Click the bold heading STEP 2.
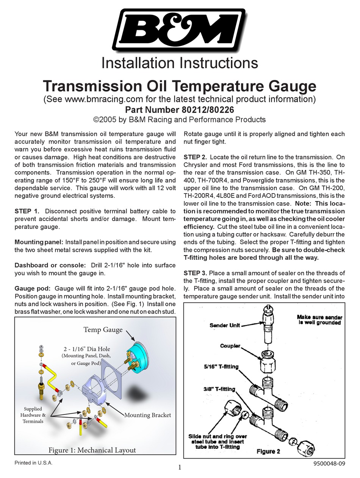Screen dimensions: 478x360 tap(195, 157)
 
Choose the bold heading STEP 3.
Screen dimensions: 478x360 tap(195, 273)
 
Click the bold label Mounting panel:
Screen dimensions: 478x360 tap(39, 242)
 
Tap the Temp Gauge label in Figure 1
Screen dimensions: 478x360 tap(103, 330)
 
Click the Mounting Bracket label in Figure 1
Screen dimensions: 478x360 tap(148, 415)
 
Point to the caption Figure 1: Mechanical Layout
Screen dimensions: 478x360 tap(92, 450)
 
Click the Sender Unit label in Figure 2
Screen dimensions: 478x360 tap(225, 325)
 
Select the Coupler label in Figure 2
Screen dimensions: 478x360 tap(230, 346)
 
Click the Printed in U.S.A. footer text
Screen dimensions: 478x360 tap(33, 463)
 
